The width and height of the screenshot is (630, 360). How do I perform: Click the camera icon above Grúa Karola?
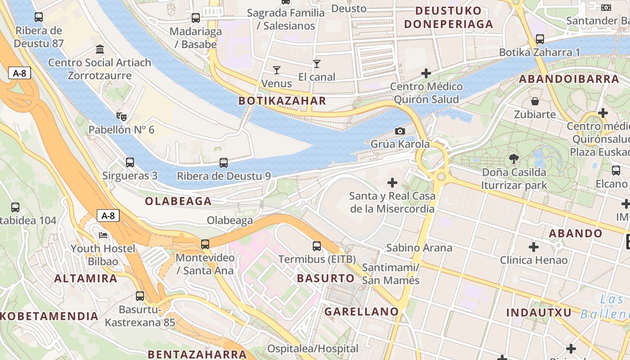point(400,131)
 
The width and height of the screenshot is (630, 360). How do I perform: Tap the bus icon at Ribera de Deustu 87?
point(39,18)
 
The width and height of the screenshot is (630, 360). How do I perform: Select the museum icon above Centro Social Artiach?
point(100,49)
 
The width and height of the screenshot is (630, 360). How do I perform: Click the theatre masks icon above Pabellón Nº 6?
point(121,117)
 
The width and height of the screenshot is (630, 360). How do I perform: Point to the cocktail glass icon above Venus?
point(276,70)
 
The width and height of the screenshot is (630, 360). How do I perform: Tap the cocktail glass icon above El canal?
point(317,64)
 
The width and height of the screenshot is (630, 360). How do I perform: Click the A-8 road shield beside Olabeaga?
point(108,216)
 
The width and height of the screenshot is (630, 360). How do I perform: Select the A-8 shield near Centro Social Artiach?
point(19,73)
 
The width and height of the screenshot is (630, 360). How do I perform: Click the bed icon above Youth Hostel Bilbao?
point(103,235)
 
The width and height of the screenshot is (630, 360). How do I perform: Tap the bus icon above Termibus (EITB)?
point(317,246)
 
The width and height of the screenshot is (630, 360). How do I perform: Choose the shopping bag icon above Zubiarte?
point(535,101)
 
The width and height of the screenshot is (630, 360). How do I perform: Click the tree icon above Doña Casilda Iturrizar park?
point(513,158)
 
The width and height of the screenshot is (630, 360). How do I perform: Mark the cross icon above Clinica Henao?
point(534,247)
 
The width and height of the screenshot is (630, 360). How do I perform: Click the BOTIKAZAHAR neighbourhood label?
point(282,101)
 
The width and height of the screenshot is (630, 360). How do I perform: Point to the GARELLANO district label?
point(362,311)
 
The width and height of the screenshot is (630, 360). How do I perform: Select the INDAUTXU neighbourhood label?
point(539,313)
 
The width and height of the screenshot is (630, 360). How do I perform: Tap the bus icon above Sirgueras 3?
point(130,162)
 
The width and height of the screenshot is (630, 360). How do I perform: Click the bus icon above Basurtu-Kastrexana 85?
point(140,296)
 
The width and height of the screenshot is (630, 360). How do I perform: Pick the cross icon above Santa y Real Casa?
point(392,183)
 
